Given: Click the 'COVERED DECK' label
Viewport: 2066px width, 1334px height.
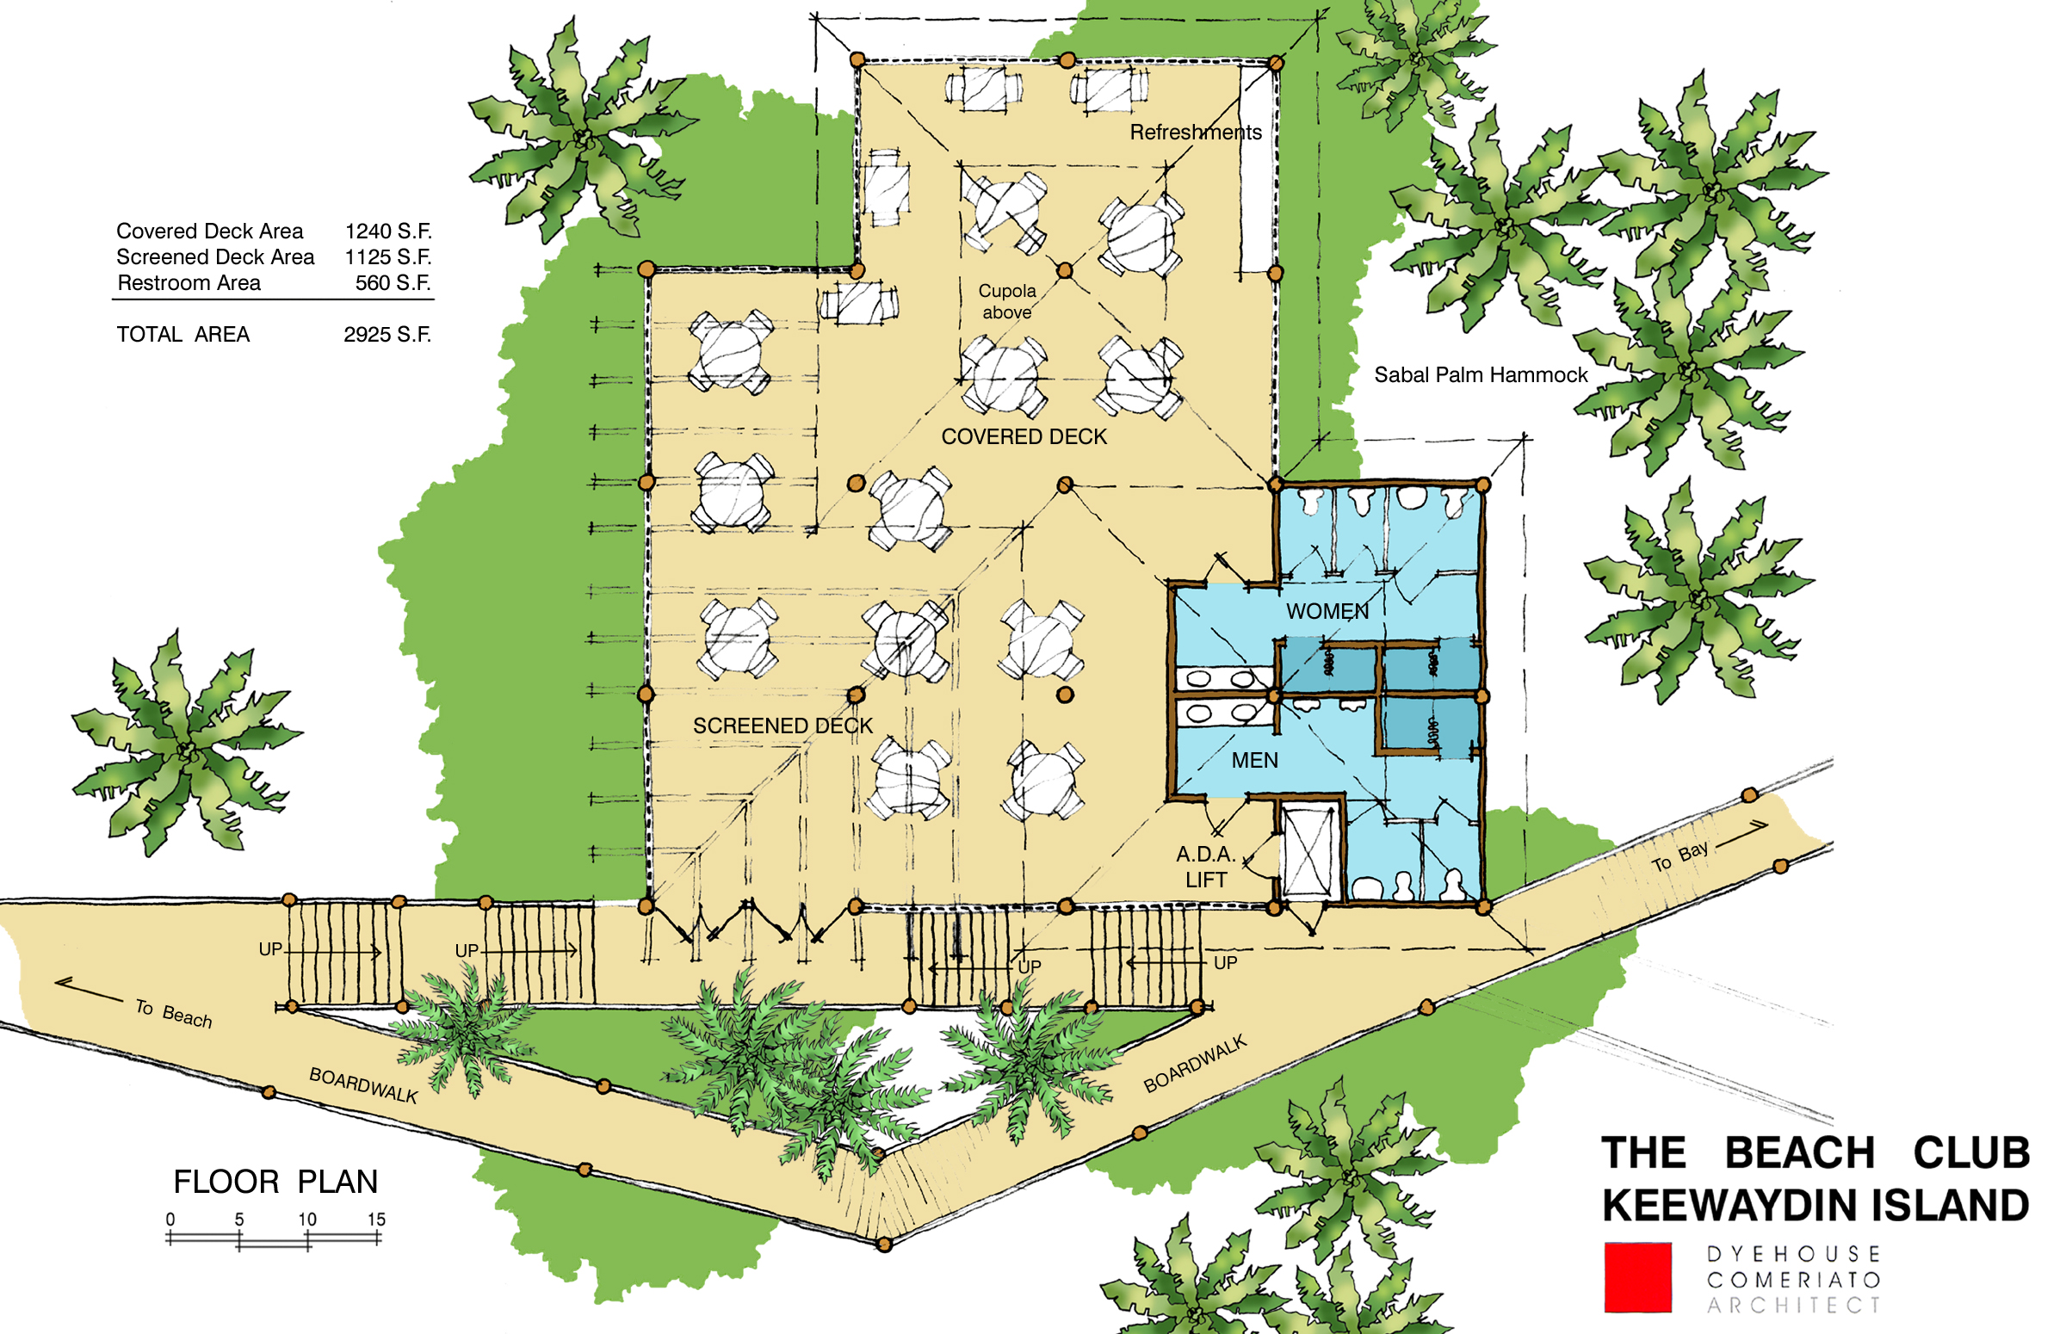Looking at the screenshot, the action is coord(1023,436).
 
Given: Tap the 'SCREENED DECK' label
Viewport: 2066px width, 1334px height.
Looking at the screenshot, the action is coord(782,726).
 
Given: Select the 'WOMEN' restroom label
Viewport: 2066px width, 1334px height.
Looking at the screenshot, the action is coord(1327,612).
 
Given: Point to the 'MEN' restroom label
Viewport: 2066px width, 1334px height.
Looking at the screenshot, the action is coord(1254,761).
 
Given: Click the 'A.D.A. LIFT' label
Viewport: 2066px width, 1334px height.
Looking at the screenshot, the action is coord(1206,866).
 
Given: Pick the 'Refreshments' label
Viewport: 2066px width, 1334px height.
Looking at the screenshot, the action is coord(1196,133).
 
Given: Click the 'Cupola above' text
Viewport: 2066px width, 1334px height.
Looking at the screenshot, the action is coord(1006,301).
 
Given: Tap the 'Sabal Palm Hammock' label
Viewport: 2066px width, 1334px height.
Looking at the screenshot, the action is coord(1481,375).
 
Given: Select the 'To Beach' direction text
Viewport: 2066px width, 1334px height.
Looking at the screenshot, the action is coord(173,1013).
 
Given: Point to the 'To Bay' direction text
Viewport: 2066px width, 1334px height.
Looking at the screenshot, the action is coord(1679,856).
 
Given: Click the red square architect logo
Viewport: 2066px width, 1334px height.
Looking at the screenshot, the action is coord(1637,1278).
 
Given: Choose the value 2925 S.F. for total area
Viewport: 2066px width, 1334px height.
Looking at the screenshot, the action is coord(387,335).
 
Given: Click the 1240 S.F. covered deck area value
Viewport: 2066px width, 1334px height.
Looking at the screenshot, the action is coord(388,232).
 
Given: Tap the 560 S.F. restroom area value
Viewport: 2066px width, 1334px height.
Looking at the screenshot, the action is coord(393,283).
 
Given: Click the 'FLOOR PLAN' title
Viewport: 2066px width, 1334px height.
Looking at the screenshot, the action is coord(275,1182).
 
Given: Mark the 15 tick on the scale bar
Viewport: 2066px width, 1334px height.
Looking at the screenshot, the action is coord(377,1238).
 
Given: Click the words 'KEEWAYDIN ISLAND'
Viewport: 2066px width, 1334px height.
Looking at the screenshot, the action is coord(1815,1205).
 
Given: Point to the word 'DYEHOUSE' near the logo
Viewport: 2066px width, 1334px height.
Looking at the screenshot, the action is coord(1793,1254).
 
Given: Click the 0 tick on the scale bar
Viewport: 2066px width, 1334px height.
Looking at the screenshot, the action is coord(170,1238).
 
